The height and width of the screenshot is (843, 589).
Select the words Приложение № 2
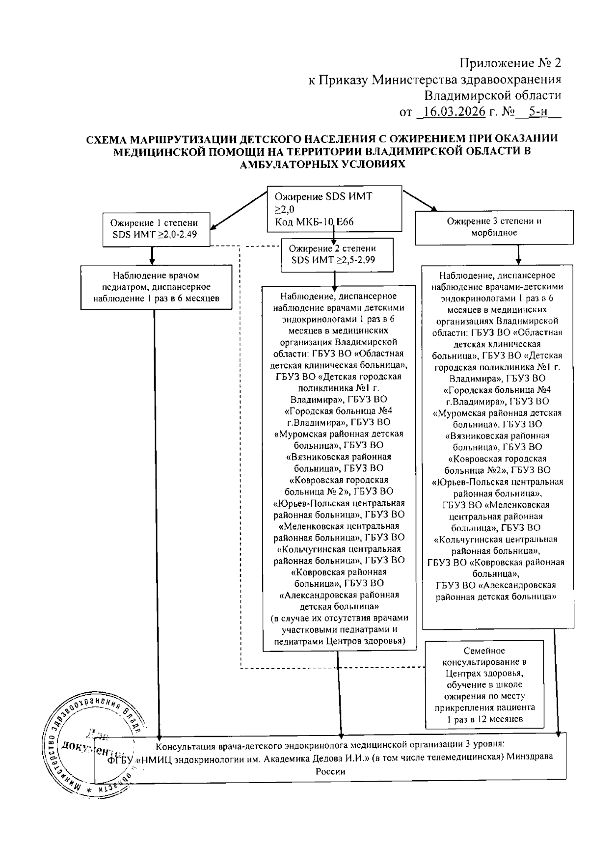[510, 63]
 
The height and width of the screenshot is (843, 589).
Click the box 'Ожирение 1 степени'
[157, 229]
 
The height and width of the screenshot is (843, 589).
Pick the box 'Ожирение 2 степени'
[337, 254]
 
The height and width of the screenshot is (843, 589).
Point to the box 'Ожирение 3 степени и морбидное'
[494, 227]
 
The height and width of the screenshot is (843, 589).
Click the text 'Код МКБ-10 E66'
[314, 222]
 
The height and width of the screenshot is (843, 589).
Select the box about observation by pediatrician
[156, 287]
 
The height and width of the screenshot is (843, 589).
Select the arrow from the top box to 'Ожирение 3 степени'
[419, 200]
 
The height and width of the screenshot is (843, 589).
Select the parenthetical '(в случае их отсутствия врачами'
[339, 618]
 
